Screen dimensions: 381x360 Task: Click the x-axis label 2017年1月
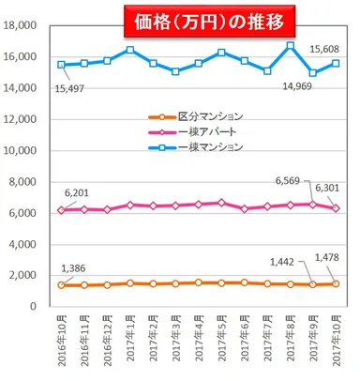click(x=131, y=345)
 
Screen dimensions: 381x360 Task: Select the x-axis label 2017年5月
click(x=222, y=345)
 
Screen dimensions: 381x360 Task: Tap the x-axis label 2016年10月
click(x=63, y=345)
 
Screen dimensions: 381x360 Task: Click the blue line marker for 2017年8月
click(x=291, y=45)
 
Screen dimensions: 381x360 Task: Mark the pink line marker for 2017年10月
click(x=336, y=208)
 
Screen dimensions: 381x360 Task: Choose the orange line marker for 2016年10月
click(x=63, y=284)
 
